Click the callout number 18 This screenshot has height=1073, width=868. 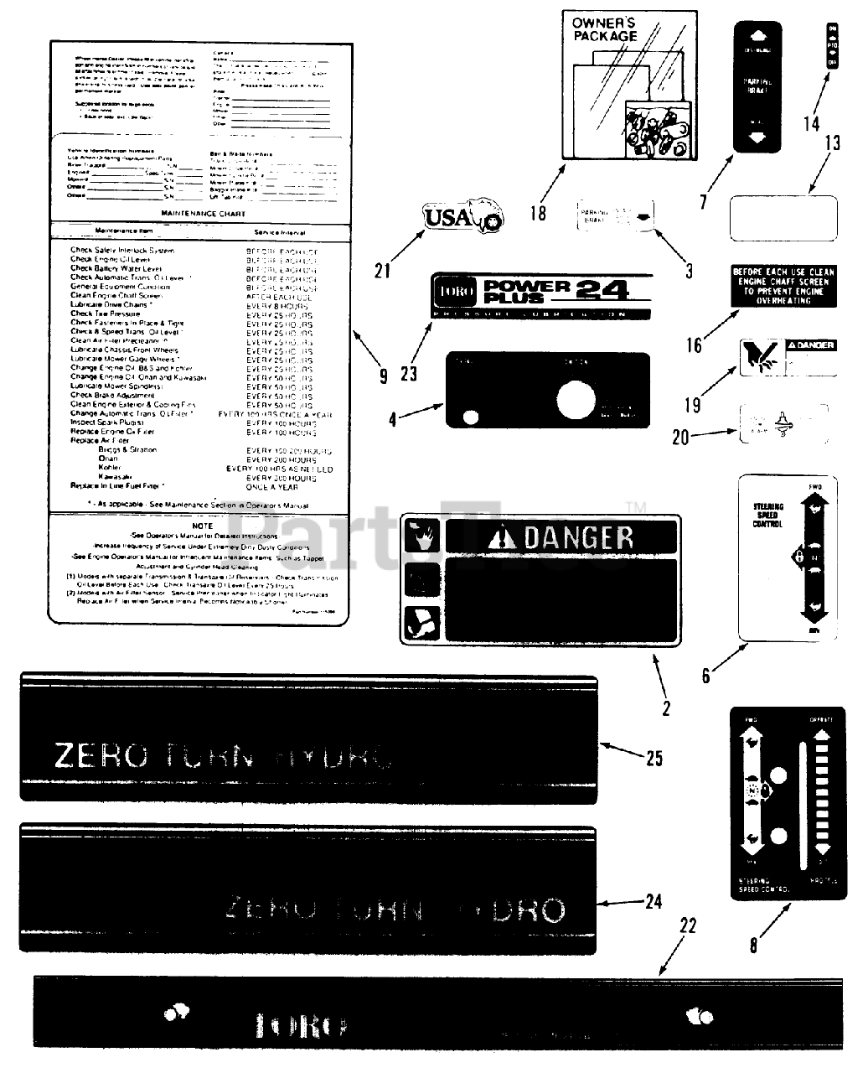coord(538,213)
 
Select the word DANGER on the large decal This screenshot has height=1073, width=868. coord(578,537)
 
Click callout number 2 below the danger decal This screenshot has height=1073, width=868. coord(666,708)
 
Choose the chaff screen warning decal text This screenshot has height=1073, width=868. coord(783,285)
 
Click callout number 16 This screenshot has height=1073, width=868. coord(694,345)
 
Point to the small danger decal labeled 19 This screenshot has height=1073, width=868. coord(788,356)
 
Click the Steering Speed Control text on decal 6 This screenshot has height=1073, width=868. coord(768,515)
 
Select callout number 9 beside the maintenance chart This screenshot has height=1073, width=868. coord(383,376)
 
